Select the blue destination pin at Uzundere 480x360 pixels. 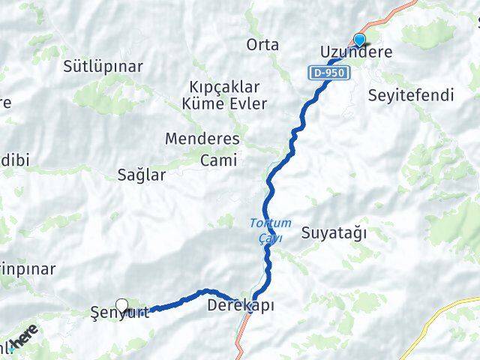pyautogui.click(x=359, y=40)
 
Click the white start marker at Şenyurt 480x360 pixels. pyautogui.click(x=121, y=306)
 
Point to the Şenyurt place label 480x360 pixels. pyautogui.click(x=119, y=313)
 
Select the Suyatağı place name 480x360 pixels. pyautogui.click(x=334, y=232)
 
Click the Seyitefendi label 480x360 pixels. pyautogui.click(x=412, y=95)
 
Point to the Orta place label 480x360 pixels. pyautogui.click(x=262, y=45)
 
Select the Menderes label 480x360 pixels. pyautogui.click(x=202, y=139)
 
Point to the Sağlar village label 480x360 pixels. pyautogui.click(x=142, y=175)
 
